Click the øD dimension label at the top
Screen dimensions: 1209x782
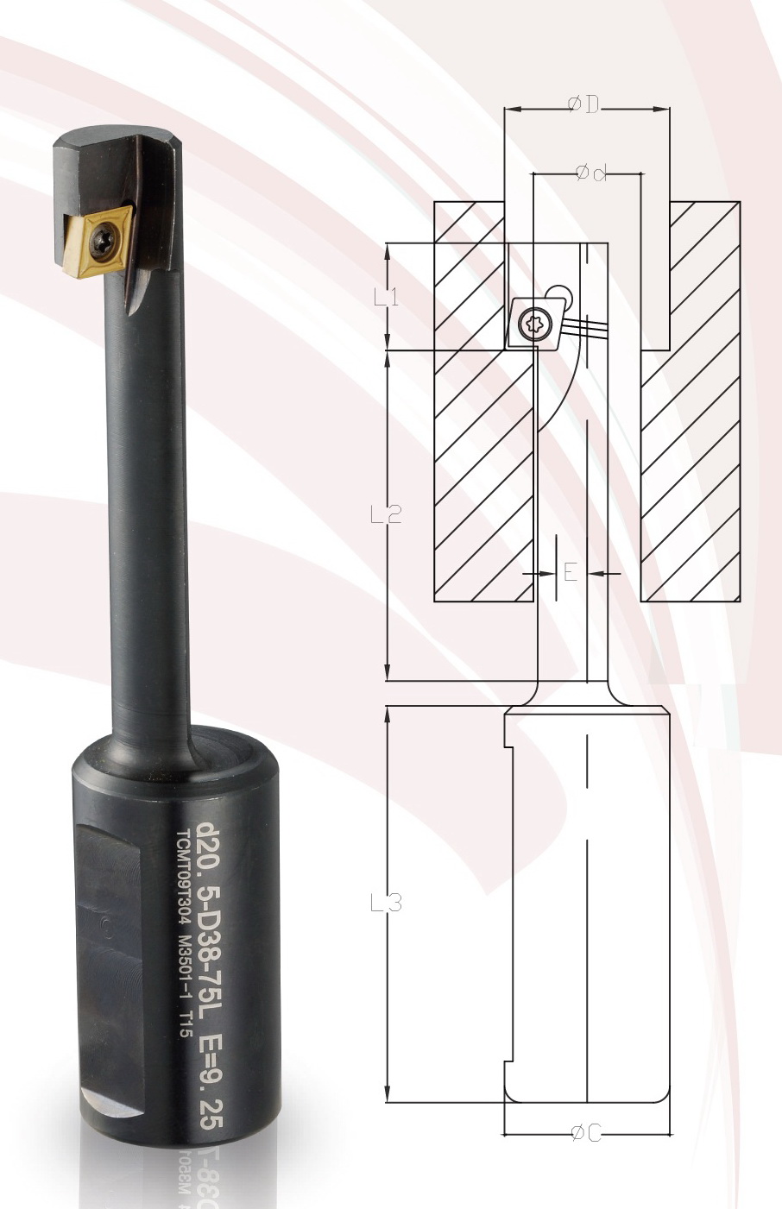[x=584, y=105]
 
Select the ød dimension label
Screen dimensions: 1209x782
[x=590, y=173]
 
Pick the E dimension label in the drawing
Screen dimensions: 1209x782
[x=570, y=572]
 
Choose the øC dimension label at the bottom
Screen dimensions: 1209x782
[x=586, y=1134]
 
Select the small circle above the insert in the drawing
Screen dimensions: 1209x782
[x=558, y=293]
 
